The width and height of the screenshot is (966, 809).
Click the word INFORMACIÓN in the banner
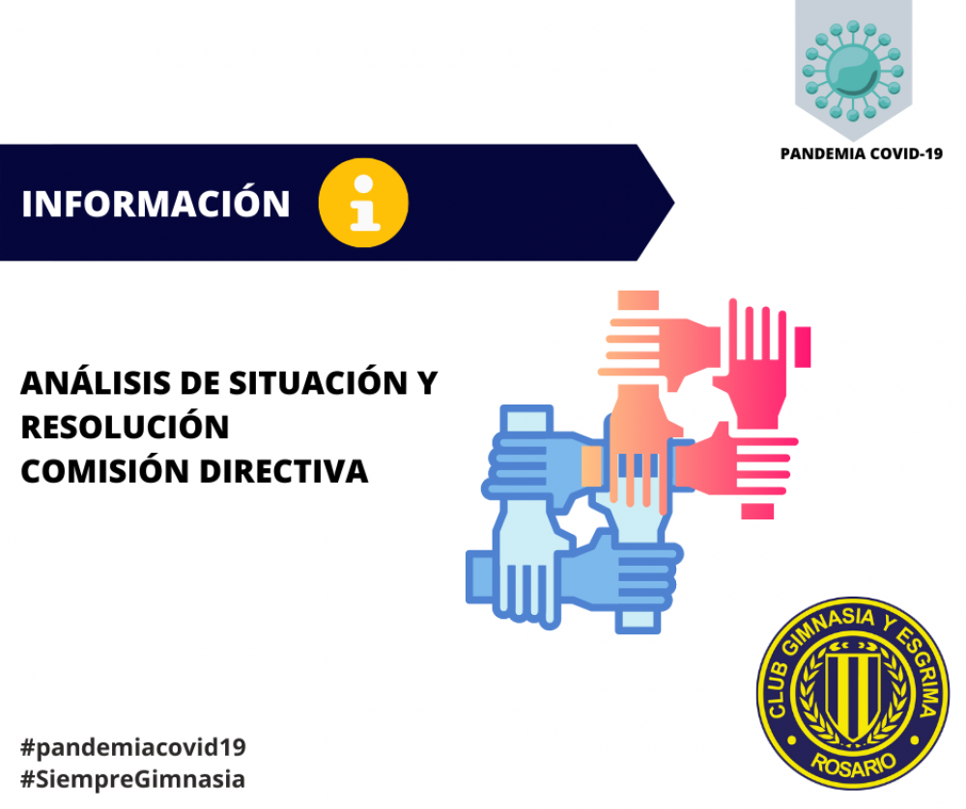(x=156, y=203)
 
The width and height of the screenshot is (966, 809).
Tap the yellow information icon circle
(x=363, y=203)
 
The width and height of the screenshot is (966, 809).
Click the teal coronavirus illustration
(x=853, y=70)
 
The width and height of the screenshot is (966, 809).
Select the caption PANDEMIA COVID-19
(x=862, y=153)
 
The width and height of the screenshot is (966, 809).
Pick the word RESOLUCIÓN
(x=125, y=426)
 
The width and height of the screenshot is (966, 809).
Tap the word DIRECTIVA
(x=284, y=472)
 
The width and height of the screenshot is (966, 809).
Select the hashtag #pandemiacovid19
(x=133, y=747)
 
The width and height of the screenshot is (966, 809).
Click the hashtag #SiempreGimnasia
(x=132, y=779)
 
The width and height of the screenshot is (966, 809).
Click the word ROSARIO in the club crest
(x=853, y=764)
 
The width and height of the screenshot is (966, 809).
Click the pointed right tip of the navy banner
(x=674, y=203)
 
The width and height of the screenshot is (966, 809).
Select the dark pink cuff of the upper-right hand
(x=803, y=347)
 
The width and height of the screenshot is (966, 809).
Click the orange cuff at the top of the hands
(x=639, y=300)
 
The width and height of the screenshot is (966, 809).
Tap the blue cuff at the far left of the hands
(x=479, y=576)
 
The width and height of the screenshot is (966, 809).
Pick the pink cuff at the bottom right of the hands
(x=757, y=511)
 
